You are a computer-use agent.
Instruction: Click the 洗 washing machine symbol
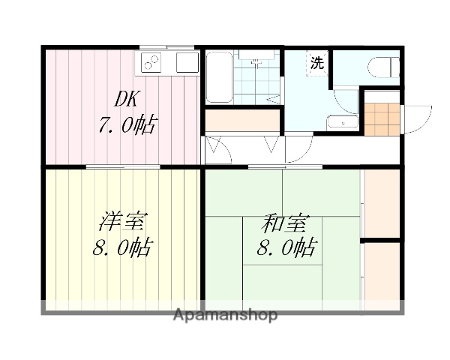tap(318, 63)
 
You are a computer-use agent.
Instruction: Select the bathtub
tap(218, 77)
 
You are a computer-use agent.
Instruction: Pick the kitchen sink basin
tap(186, 63)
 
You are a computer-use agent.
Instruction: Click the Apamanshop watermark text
tap(226, 315)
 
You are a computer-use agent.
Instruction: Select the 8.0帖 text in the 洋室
tap(122, 247)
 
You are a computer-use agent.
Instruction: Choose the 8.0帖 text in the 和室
tap(286, 247)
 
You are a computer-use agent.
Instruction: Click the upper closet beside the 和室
tap(381, 203)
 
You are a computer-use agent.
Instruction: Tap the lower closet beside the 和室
tap(381, 273)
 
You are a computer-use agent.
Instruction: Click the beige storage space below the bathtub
tap(241, 120)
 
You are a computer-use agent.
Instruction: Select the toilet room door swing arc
tap(346, 100)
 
